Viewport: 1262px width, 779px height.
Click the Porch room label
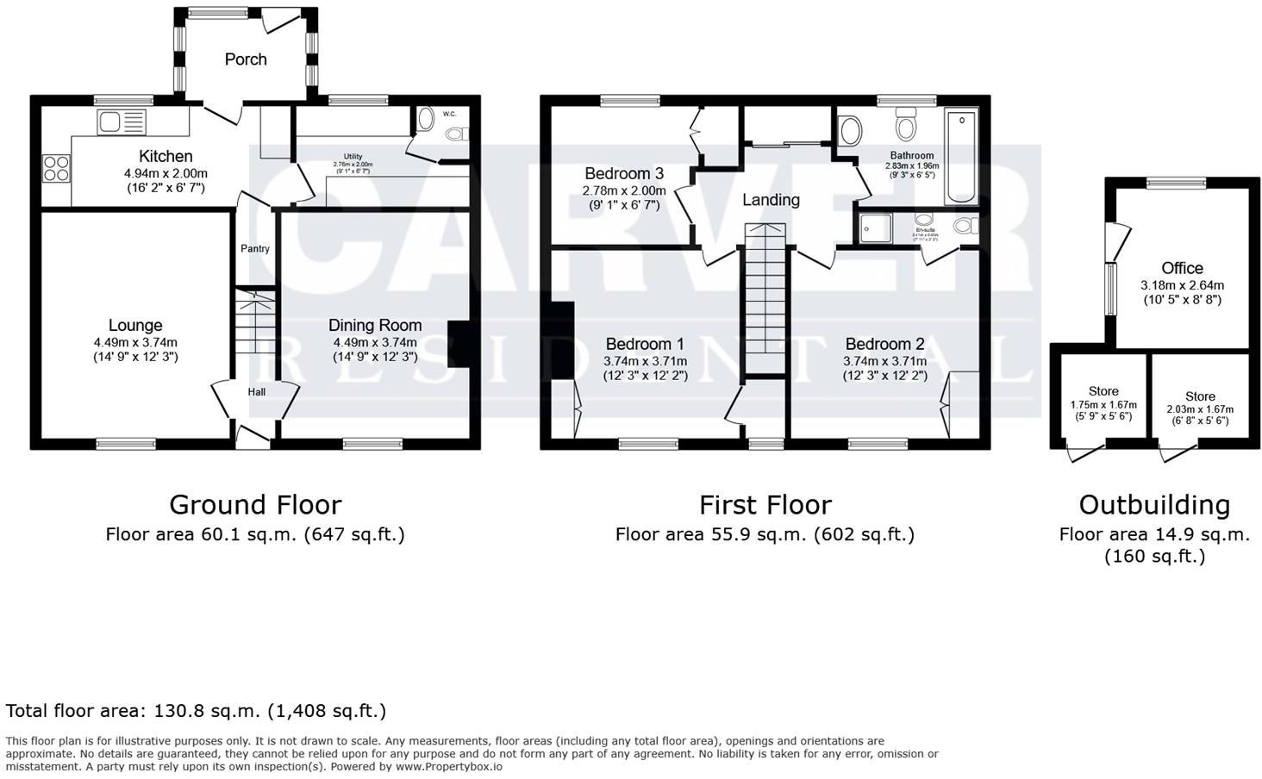(246, 59)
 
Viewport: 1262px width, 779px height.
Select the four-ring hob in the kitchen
(56, 167)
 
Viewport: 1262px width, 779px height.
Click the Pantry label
(255, 249)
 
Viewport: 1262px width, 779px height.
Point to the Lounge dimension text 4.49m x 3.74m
(135, 343)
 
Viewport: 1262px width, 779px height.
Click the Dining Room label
(375, 325)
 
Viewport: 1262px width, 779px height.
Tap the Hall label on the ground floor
(257, 392)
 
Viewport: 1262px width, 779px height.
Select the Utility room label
(353, 156)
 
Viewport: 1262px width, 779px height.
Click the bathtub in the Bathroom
(961, 156)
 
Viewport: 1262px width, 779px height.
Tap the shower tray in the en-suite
(877, 227)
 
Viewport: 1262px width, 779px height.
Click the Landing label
(771, 200)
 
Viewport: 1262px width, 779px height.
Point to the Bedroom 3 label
(624, 173)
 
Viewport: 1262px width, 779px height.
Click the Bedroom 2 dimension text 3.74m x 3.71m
(884, 362)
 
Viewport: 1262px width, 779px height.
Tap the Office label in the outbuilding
(1182, 268)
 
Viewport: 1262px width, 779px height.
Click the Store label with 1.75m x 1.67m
(1103, 391)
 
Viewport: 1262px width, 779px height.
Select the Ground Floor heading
(255, 504)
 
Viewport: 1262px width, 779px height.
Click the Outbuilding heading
(1154, 504)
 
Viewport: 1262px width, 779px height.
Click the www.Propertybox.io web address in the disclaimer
(449, 766)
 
